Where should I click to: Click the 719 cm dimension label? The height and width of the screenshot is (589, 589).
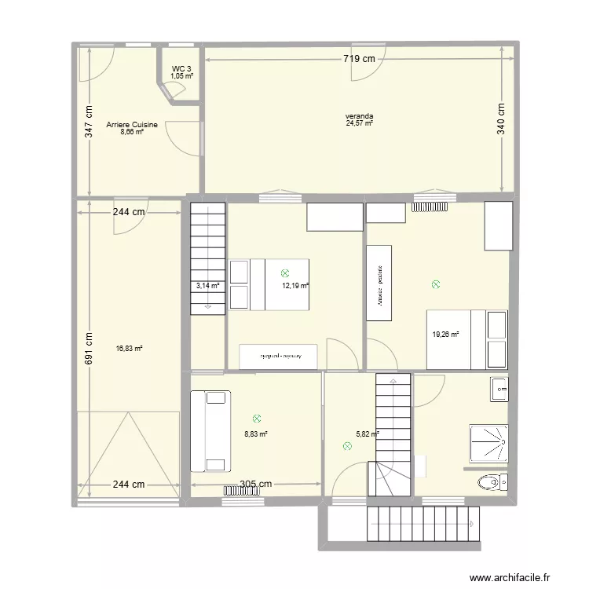(358, 58)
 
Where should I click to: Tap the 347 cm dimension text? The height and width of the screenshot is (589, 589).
(89, 122)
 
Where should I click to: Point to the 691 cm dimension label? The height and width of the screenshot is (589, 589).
(89, 346)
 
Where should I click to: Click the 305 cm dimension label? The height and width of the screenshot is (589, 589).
(256, 485)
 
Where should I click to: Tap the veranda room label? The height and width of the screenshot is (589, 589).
(359, 116)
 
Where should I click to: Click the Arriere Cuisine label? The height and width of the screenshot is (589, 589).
(132, 124)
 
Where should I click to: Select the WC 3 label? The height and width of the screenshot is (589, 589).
(181, 69)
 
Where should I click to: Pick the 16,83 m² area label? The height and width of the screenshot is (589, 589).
(129, 349)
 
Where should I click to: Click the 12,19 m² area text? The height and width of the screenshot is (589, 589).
(295, 286)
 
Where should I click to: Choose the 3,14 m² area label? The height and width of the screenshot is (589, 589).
(207, 286)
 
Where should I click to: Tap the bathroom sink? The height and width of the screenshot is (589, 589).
(499, 387)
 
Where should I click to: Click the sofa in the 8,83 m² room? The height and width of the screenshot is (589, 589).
(210, 431)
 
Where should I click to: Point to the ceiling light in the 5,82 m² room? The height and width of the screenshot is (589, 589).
(347, 446)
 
